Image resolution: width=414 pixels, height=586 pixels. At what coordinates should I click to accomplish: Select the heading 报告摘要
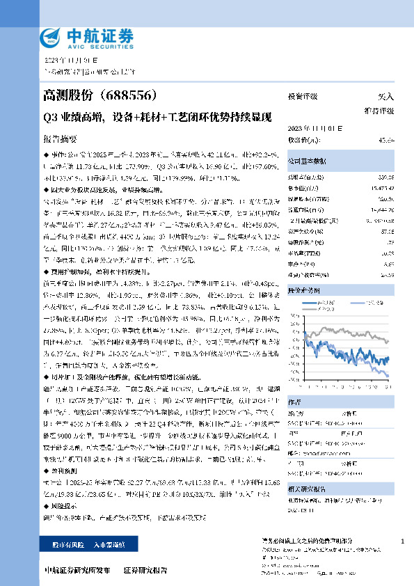click(62, 138)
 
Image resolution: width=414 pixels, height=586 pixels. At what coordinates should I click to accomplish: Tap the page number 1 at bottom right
click(403, 541)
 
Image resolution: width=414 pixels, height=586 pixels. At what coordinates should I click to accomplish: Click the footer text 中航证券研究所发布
click(77, 570)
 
